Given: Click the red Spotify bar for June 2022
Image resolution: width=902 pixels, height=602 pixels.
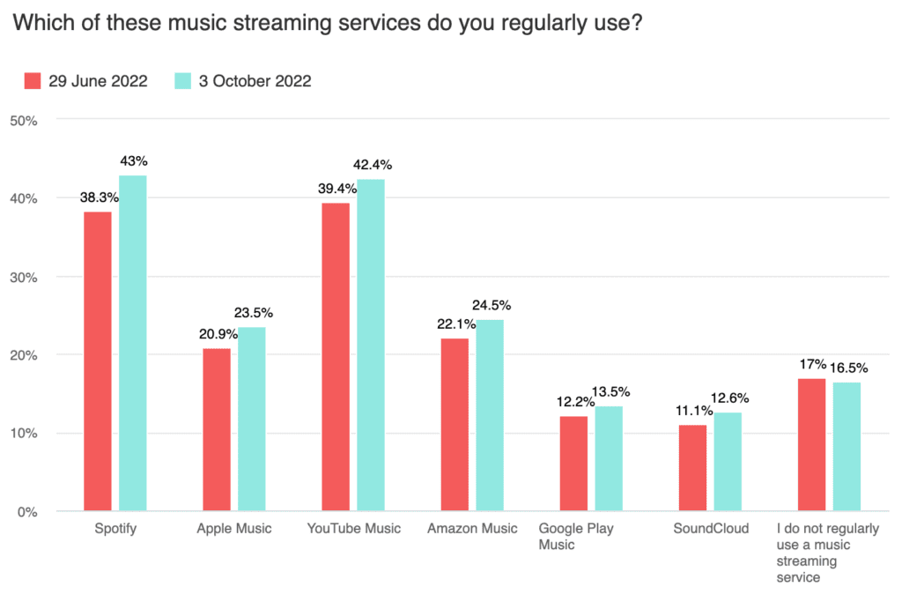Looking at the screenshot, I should [x=97, y=361].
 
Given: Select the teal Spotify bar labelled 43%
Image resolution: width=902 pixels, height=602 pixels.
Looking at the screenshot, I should [x=133, y=344].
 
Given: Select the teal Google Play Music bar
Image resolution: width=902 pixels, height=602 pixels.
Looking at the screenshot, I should [x=609, y=458].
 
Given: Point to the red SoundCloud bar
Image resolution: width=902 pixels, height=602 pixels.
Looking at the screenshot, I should [x=692, y=468].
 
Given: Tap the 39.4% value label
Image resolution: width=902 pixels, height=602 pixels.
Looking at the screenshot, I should [x=336, y=188].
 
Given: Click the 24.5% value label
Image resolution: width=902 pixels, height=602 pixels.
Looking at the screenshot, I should [x=492, y=305].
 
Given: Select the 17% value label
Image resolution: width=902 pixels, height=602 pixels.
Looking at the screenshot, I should [x=812, y=363].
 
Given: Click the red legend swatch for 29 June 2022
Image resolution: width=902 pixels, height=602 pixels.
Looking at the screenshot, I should [x=33, y=81].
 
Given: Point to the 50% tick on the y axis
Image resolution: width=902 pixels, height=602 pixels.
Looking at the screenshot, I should [x=23, y=120].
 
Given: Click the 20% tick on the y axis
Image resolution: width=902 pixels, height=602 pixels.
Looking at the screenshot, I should [x=23, y=355].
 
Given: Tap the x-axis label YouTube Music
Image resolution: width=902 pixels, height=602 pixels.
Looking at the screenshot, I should [x=353, y=529].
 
